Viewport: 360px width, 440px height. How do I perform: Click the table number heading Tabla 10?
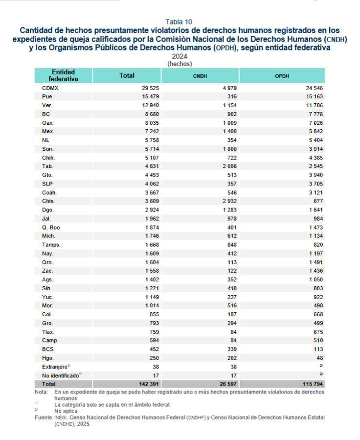click(179, 22)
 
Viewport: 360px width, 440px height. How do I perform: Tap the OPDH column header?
click(282, 76)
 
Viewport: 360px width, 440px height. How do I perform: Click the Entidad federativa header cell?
click(63, 75)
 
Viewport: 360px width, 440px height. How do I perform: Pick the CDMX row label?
click(50, 88)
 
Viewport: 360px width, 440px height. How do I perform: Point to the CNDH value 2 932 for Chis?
click(227, 201)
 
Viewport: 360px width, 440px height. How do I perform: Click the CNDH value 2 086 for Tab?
click(227, 166)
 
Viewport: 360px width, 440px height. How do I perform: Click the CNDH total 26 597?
click(225, 384)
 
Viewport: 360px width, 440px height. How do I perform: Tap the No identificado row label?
click(60, 375)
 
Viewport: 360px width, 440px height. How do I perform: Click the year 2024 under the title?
click(179, 56)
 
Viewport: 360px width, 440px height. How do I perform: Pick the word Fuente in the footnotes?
click(43, 417)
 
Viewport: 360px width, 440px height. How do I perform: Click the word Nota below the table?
click(41, 393)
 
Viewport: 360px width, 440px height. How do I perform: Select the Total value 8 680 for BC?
click(146, 114)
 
